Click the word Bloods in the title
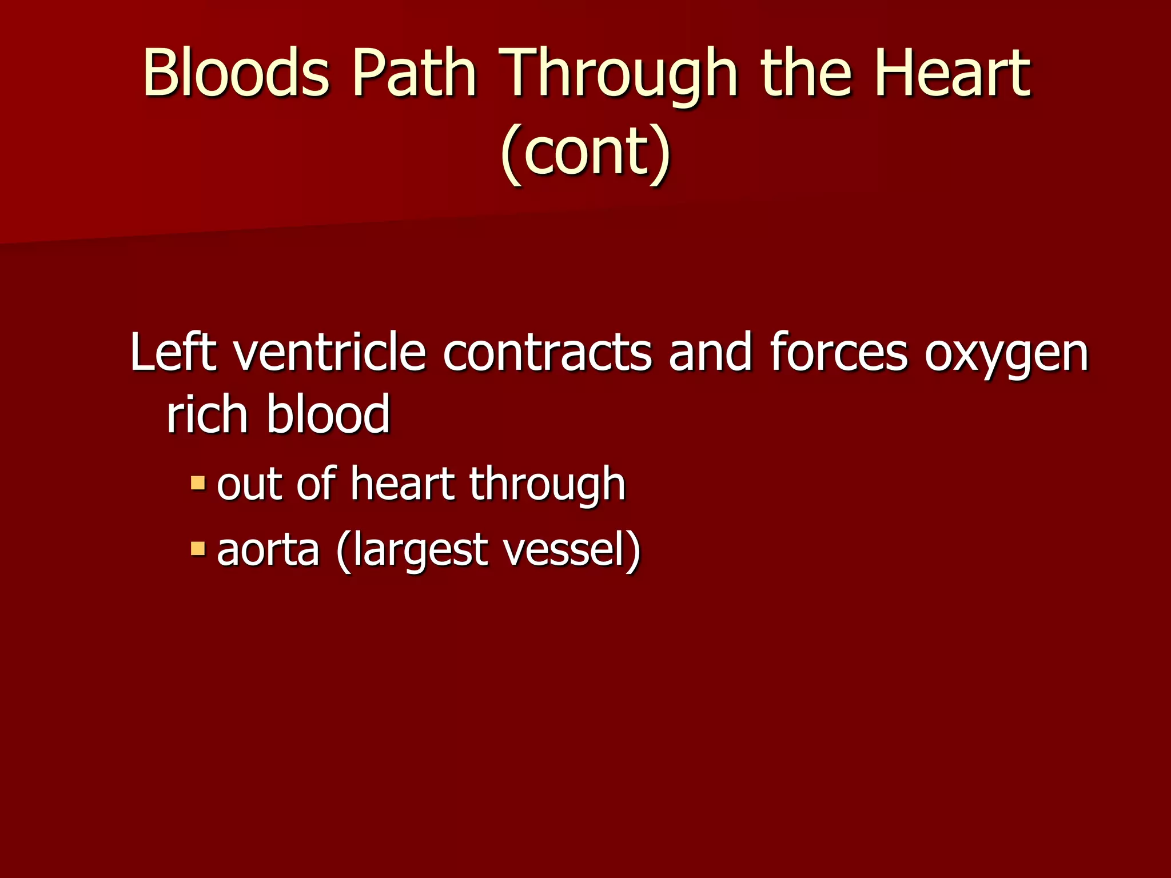236,73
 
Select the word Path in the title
414,73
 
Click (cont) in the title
585,151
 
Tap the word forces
838,352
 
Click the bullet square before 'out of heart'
198,484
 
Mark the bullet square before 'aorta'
198,549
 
